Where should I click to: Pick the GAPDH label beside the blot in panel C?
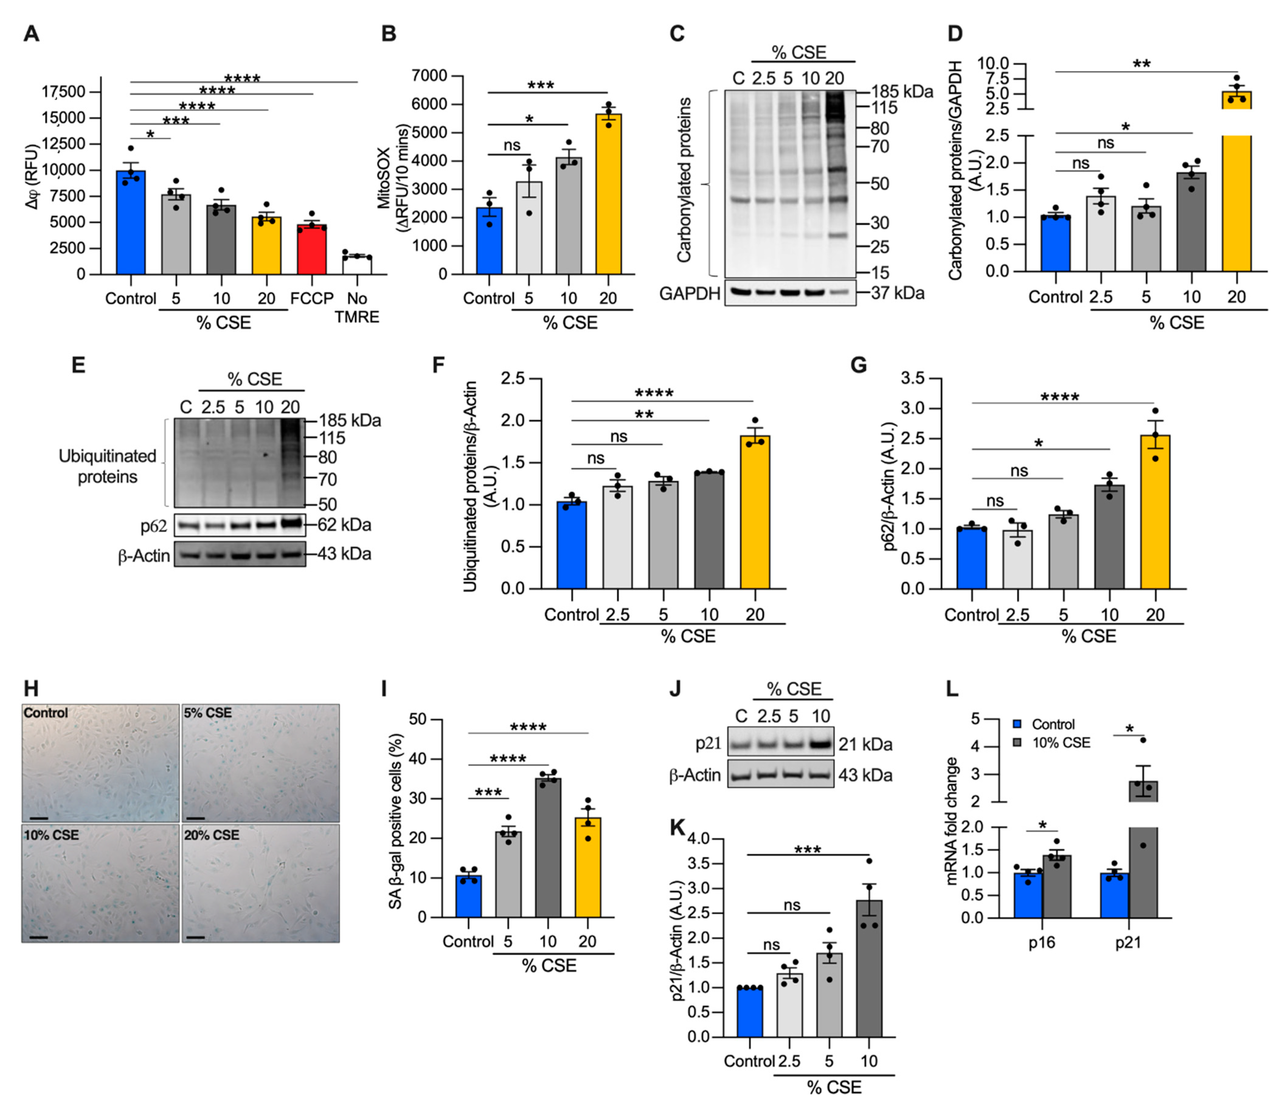[x=690, y=293]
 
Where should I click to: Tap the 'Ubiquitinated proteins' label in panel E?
[x=107, y=466]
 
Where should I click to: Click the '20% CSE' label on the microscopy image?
[x=211, y=835]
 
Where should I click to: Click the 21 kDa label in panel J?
[x=865, y=744]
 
